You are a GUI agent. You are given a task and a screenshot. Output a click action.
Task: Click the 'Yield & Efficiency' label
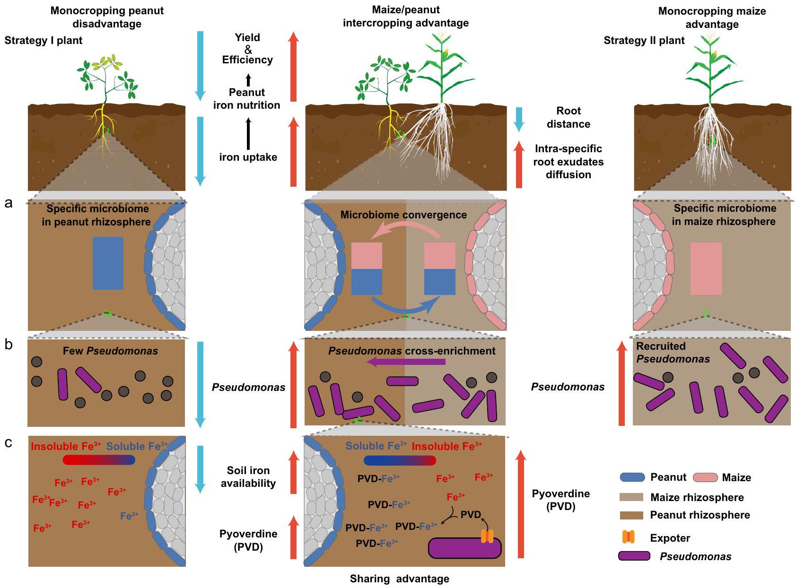click(247, 49)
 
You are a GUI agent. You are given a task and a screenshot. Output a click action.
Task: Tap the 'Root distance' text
click(568, 117)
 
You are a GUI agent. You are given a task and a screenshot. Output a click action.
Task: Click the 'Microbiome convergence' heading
click(403, 215)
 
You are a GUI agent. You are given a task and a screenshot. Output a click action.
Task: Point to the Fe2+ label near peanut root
click(129, 516)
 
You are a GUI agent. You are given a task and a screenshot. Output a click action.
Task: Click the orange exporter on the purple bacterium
click(487, 536)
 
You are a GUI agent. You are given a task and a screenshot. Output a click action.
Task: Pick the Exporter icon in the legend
click(628, 537)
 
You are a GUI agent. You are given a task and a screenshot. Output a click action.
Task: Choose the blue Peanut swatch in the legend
click(632, 477)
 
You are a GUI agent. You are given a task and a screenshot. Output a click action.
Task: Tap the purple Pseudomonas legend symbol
click(634, 556)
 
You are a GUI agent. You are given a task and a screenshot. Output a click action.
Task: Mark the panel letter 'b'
click(9, 345)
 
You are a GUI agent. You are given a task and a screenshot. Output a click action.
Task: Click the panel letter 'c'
click(8, 443)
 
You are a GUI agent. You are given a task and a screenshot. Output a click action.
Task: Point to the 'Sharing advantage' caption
click(399, 579)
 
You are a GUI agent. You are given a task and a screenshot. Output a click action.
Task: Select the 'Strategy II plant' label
click(644, 41)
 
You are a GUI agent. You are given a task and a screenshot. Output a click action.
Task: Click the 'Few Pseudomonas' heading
click(110, 351)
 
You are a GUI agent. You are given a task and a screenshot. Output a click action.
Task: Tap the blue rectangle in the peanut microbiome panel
click(108, 263)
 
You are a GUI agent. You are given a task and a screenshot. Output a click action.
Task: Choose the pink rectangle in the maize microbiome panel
click(706, 268)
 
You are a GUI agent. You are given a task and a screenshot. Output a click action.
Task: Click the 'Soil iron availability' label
click(248, 476)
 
